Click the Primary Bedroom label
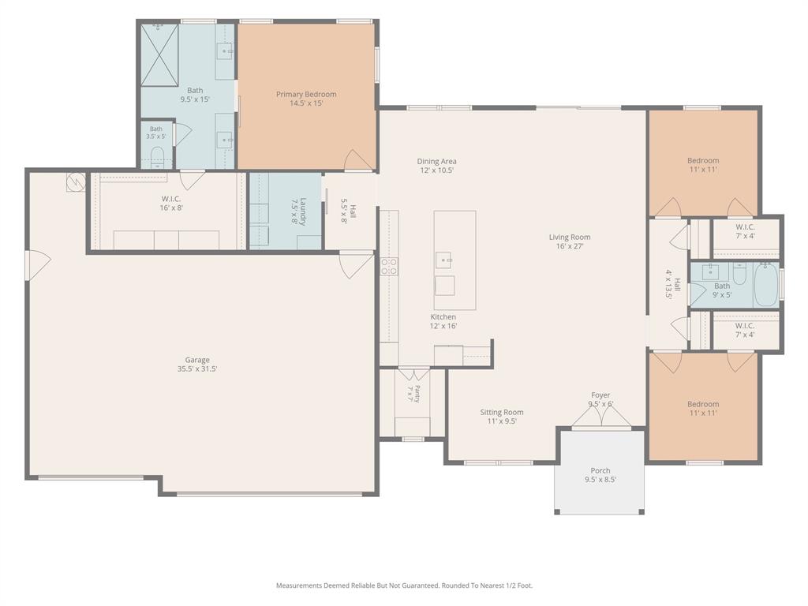(x=306, y=95)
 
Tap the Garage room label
(x=197, y=360)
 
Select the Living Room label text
(x=570, y=237)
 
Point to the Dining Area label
(x=436, y=161)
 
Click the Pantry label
(x=417, y=394)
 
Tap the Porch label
(x=600, y=470)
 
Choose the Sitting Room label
(x=501, y=412)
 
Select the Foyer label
(x=600, y=395)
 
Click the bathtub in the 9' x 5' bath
(x=766, y=284)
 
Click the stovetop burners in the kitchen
(x=388, y=266)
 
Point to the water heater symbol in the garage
(x=76, y=181)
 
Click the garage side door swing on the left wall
(x=38, y=265)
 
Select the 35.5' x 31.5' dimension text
(x=197, y=369)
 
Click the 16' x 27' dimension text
(x=570, y=246)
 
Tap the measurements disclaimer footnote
(x=405, y=585)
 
